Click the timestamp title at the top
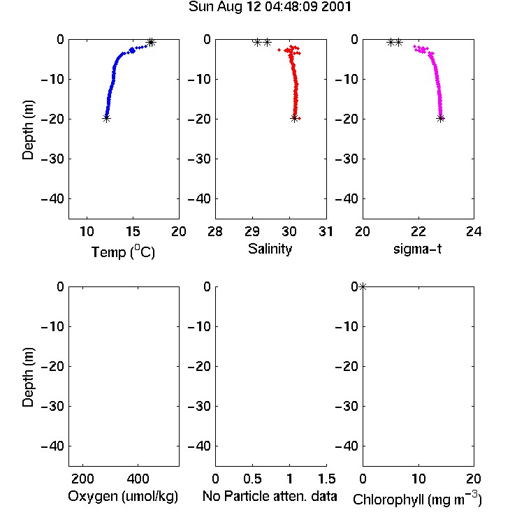(x=270, y=6)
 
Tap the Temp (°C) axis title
(x=123, y=252)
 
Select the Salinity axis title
(x=270, y=249)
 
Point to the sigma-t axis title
(x=417, y=249)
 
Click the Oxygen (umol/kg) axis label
(x=123, y=496)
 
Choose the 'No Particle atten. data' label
(x=270, y=496)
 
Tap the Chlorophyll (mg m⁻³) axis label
(x=417, y=500)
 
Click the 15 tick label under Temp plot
(x=133, y=231)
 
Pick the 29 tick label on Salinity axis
(x=252, y=231)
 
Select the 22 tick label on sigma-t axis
(x=419, y=231)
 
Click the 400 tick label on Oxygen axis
(x=138, y=479)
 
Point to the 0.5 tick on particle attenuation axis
(x=252, y=479)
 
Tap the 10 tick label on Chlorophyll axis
(x=419, y=479)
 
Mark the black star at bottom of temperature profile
(x=106, y=118)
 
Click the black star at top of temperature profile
(x=151, y=43)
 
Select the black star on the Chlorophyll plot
(x=363, y=286)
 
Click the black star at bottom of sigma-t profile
(x=440, y=118)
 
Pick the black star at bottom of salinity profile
(x=294, y=118)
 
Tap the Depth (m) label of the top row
(x=28, y=130)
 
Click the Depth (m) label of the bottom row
(x=28, y=377)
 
